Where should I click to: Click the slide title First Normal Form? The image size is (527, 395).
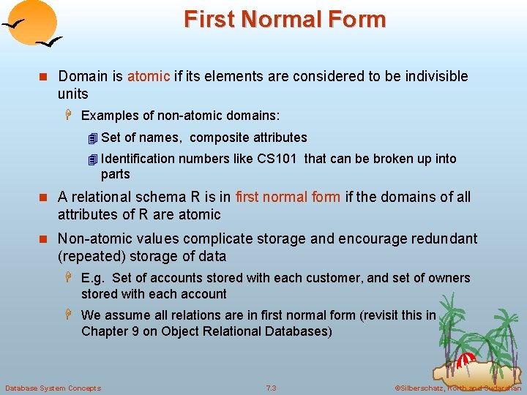coord(285,19)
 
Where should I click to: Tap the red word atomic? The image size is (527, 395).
coord(149,76)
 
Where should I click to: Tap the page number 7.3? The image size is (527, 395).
coord(272,388)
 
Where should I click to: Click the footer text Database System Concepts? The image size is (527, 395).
coord(53,388)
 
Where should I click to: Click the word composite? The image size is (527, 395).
coord(219,138)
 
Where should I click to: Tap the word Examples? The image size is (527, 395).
coord(108,116)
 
